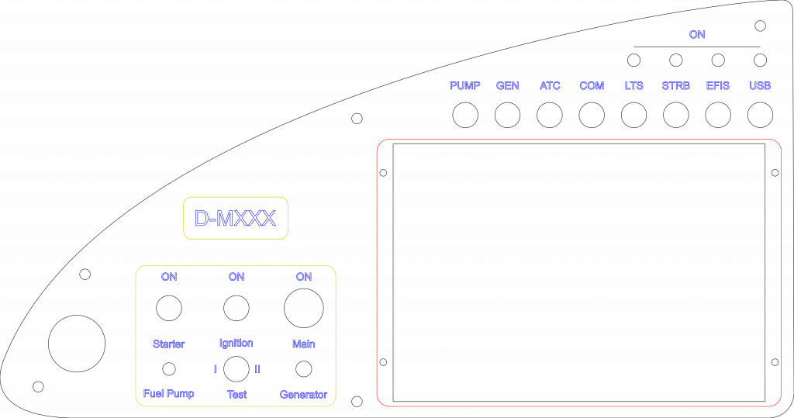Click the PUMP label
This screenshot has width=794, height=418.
(x=465, y=85)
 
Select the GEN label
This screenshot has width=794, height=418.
(x=508, y=85)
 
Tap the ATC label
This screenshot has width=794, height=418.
(x=550, y=85)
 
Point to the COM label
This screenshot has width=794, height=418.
(x=592, y=85)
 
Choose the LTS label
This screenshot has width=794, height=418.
(x=634, y=85)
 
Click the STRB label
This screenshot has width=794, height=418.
(x=676, y=85)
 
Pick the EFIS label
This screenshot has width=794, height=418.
(x=718, y=85)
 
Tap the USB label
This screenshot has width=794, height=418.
(x=760, y=85)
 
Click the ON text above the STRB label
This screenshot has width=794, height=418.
(x=697, y=35)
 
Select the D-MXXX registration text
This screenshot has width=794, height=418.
(x=235, y=219)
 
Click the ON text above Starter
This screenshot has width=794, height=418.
(x=169, y=277)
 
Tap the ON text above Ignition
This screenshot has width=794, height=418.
(x=236, y=277)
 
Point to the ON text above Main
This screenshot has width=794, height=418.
(x=304, y=277)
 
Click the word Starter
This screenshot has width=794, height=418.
(x=169, y=344)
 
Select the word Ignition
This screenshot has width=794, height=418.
(x=236, y=343)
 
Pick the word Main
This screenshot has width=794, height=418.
(x=303, y=344)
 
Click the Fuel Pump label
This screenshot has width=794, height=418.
(x=169, y=394)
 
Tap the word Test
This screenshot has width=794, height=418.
(x=237, y=395)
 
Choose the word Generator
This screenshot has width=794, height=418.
(x=303, y=395)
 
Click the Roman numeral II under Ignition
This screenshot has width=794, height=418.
(x=257, y=369)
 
